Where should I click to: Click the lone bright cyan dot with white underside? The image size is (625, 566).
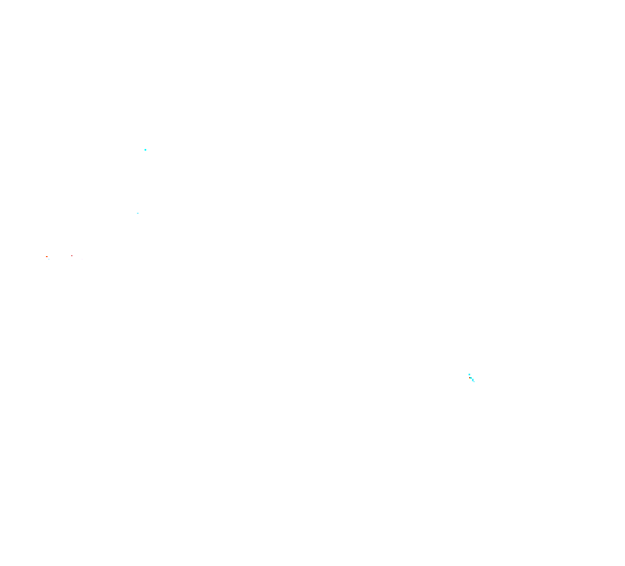pos(145,151)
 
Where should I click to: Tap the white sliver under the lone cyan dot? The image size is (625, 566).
pos(145,152)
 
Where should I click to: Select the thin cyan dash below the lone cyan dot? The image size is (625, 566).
pos(138,213)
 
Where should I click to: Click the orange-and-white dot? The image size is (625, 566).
pos(48,257)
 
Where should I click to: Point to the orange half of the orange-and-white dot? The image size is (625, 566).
pos(47,257)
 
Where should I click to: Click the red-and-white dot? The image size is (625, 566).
pos(72,255)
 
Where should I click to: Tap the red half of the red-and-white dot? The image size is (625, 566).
pos(72,255)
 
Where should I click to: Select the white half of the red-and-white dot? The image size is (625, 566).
pos(73,256)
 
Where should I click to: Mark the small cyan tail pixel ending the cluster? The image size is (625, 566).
pos(474,380)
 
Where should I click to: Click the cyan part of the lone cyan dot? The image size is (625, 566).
pos(145,150)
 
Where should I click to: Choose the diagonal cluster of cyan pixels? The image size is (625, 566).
pos(471,377)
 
